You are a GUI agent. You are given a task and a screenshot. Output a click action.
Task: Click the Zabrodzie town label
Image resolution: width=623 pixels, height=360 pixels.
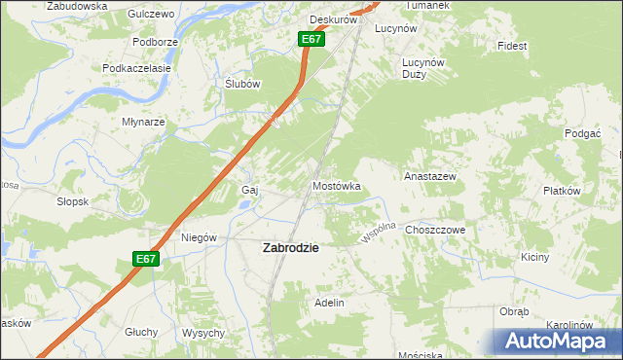291,248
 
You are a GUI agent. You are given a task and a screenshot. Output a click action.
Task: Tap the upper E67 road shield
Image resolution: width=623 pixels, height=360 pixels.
311,39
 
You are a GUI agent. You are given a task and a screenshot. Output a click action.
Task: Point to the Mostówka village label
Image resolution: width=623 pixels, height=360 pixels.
336,185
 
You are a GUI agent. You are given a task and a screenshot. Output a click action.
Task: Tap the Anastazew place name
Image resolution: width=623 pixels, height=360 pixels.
430,177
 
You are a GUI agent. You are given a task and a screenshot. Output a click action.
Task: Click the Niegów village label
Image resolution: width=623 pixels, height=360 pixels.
199,237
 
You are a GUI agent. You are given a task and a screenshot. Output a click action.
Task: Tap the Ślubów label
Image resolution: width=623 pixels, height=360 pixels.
242,84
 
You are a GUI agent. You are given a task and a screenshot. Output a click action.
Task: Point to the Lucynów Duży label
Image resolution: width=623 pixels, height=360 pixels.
423,67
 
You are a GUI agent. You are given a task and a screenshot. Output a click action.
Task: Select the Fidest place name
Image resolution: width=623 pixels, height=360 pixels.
511,46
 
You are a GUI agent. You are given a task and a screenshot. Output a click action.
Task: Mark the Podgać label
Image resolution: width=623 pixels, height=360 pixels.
583,132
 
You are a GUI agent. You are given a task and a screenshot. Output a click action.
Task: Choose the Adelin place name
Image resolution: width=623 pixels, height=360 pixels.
329,303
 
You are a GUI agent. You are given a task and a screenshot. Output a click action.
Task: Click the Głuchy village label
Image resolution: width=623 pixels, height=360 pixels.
141,332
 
